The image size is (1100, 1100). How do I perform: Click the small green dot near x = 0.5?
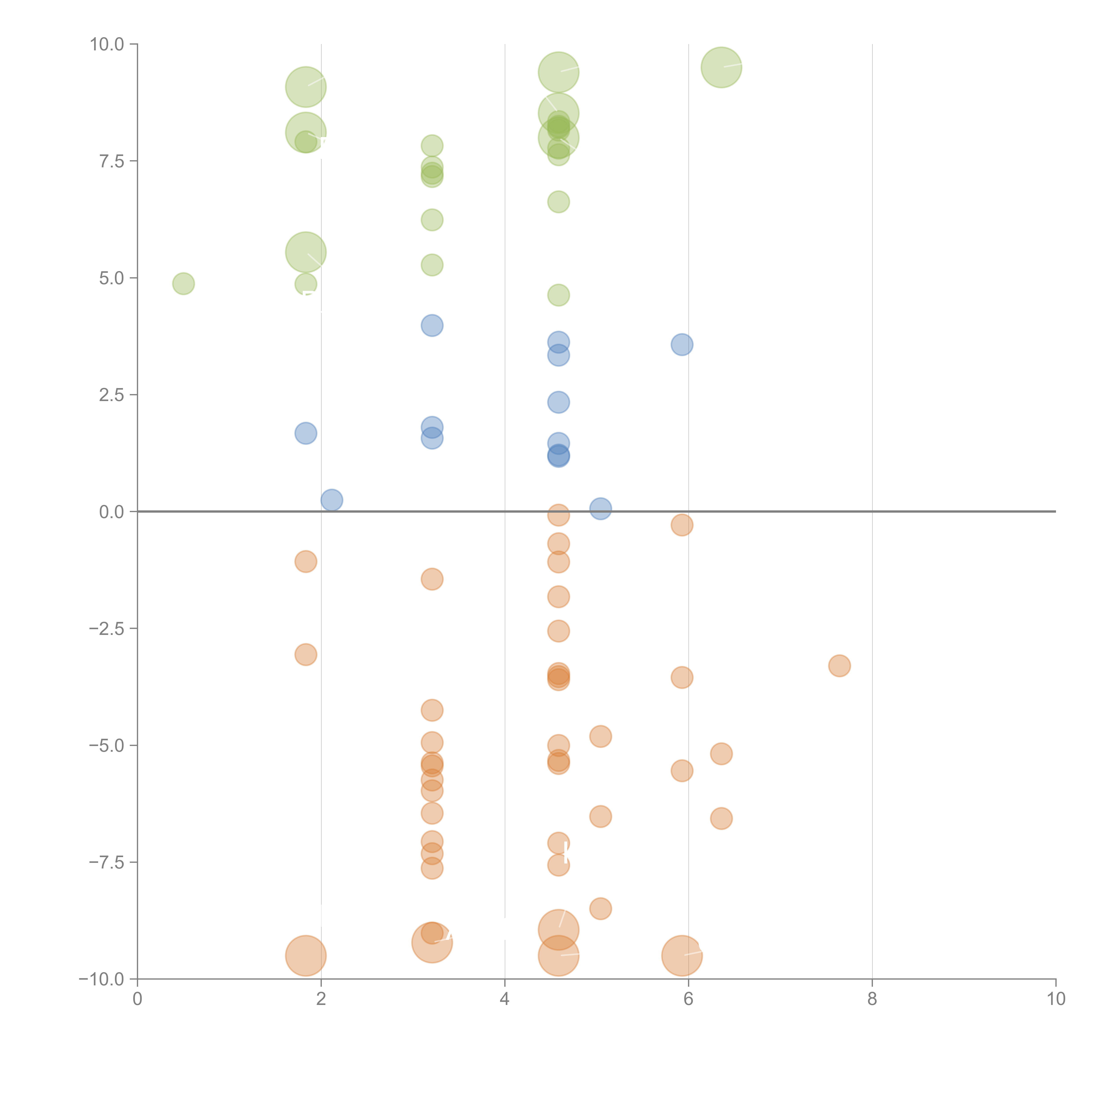[x=183, y=284]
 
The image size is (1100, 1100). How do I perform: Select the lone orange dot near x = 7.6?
[x=839, y=665]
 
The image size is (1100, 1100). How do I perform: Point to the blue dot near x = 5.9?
[x=682, y=345]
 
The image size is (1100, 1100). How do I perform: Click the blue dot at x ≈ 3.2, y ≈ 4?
[x=432, y=326]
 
